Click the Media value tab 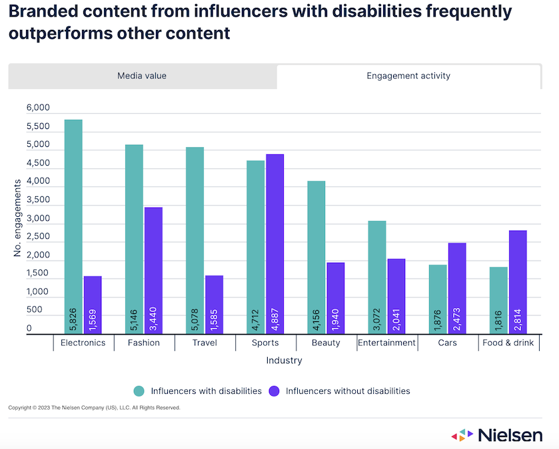(x=142, y=76)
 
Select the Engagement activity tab (x=408, y=76)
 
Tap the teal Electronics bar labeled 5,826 (x=73, y=226)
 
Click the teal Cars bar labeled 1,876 (x=438, y=299)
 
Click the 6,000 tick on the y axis (x=38, y=108)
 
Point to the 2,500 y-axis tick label (x=38, y=237)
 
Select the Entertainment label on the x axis (x=386, y=343)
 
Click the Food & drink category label (x=508, y=343)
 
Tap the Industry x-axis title (x=284, y=361)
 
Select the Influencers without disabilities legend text (x=348, y=391)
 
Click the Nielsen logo (x=496, y=436)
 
